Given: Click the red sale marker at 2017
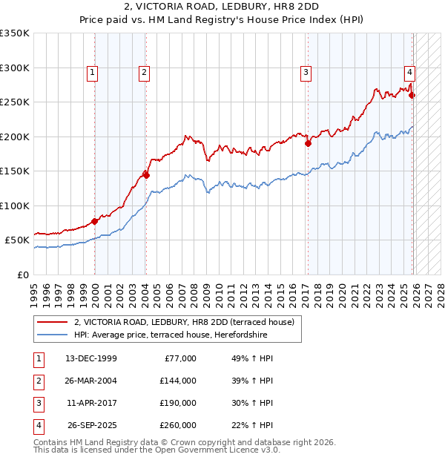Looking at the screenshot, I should [x=307, y=144].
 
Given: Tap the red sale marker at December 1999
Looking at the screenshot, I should [x=95, y=221].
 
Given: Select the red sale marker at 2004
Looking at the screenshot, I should [x=146, y=175].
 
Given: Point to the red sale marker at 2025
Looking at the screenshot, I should [x=412, y=95].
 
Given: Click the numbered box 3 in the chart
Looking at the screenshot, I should [x=306, y=72].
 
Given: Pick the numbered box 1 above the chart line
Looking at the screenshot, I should [x=92, y=72].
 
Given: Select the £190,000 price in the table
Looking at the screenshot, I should [x=177, y=403].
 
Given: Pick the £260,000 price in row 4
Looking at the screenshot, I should [x=177, y=425].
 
